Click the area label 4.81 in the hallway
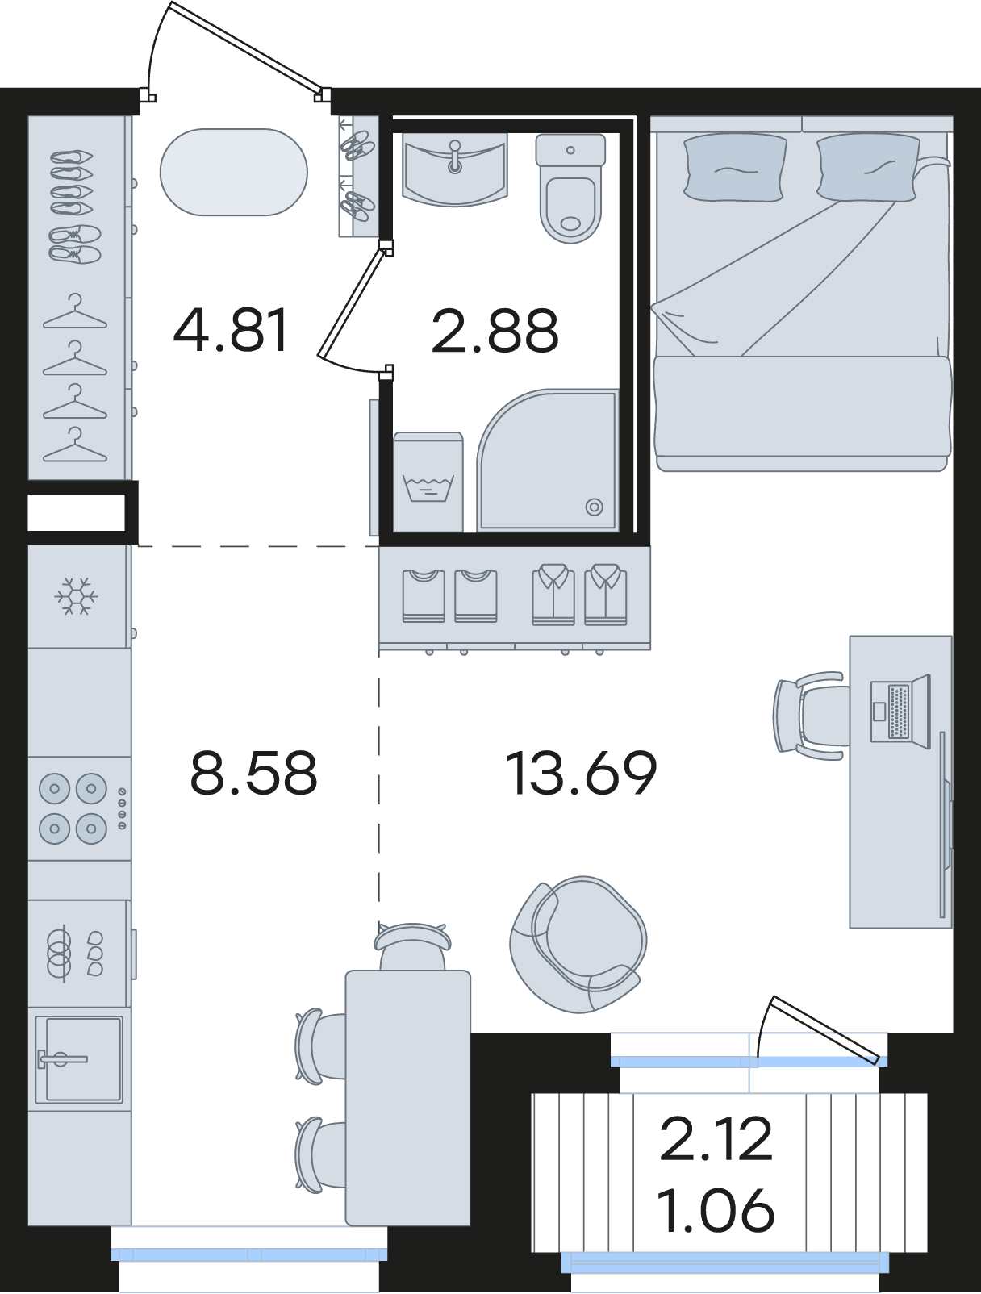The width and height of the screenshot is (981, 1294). pos(231,330)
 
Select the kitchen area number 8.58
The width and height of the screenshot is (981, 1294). pos(254,772)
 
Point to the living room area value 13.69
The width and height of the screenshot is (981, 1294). pos(581,773)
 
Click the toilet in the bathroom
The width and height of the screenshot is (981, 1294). pos(570,187)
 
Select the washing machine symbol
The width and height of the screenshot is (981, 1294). pos(428,482)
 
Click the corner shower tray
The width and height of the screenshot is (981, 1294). pos(548,461)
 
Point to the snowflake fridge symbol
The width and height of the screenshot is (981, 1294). pos(76,596)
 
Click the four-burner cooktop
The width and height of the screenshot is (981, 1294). pos(80,809)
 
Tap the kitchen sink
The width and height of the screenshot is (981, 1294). pos(79,1059)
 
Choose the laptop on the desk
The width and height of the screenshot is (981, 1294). pos(900,712)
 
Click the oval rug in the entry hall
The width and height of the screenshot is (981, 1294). pos(233,172)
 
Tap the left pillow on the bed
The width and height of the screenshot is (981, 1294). pos(735,167)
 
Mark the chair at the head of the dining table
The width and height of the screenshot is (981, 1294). pos(412,947)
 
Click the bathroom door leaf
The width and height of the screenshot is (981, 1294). pos(352,304)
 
